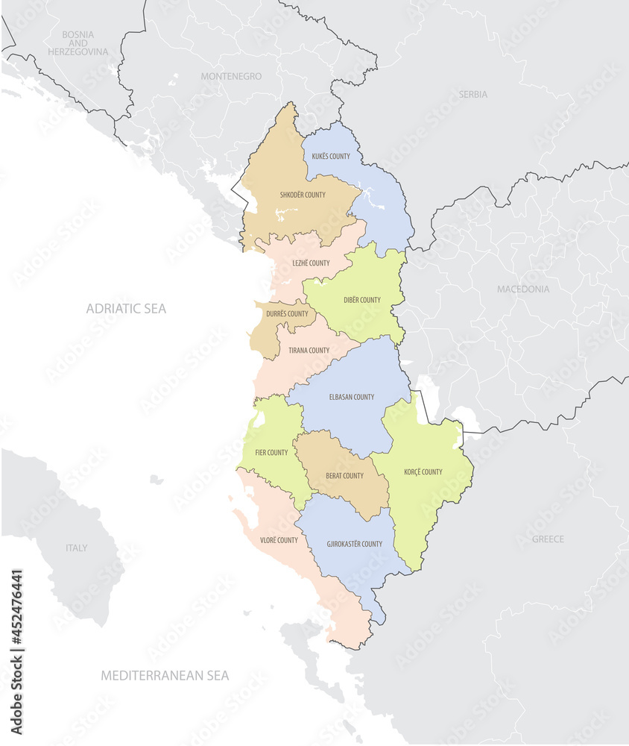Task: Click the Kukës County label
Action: (x=331, y=157)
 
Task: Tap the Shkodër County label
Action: (x=303, y=195)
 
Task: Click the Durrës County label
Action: (x=287, y=314)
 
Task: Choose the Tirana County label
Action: (x=309, y=351)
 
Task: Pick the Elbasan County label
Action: (x=352, y=397)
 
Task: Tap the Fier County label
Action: (x=271, y=453)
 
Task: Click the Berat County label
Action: (x=344, y=476)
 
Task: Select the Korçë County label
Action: (x=423, y=471)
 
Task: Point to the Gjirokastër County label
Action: (x=355, y=544)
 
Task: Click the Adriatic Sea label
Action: (x=126, y=308)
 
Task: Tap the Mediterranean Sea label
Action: (x=165, y=675)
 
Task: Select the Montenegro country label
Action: (x=231, y=76)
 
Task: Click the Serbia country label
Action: (x=473, y=95)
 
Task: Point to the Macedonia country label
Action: (x=523, y=289)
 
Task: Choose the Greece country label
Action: (x=548, y=539)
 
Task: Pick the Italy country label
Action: (x=76, y=548)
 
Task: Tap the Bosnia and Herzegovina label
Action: (x=78, y=43)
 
